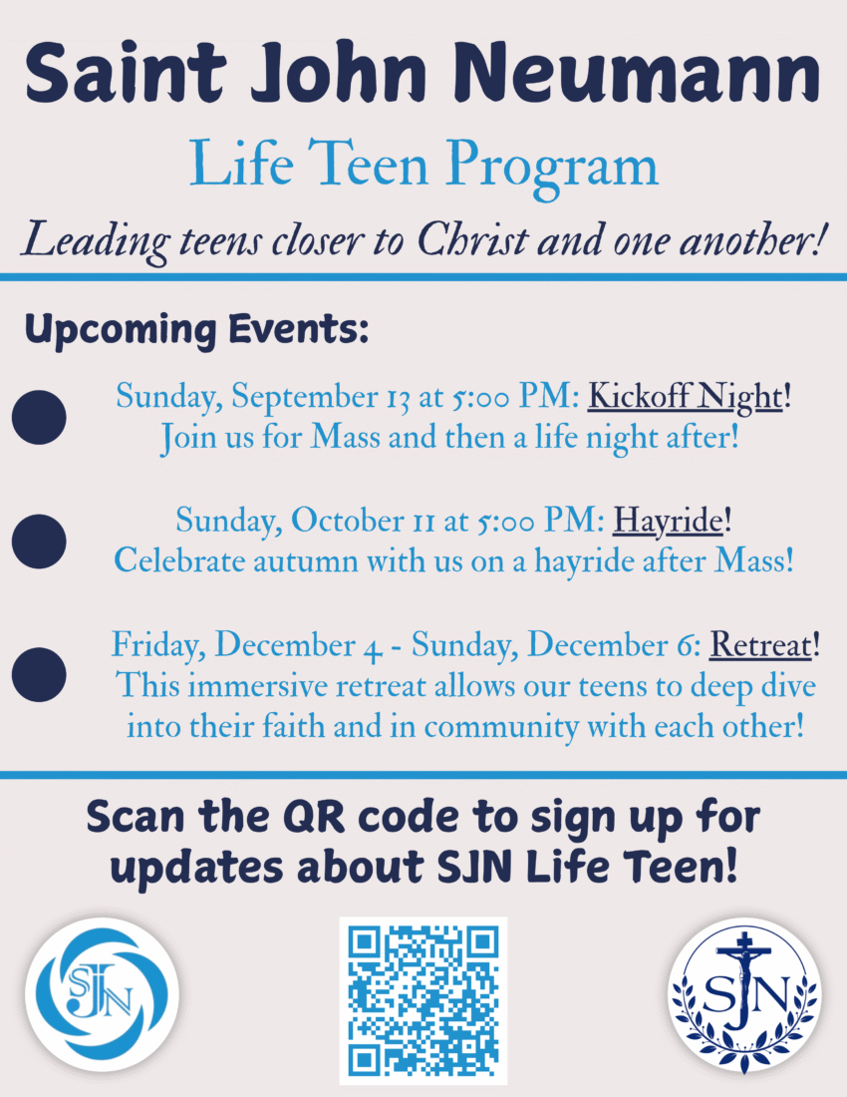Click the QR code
point(423,1000)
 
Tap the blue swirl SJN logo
point(102,994)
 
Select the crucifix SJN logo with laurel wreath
point(744,995)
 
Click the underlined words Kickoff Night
point(685,396)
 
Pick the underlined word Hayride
point(668,521)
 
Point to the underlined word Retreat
point(761,644)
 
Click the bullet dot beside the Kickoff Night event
point(39,417)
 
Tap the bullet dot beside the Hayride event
point(39,542)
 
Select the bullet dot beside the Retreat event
point(39,674)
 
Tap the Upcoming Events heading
point(196,329)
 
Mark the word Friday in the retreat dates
point(158,645)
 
